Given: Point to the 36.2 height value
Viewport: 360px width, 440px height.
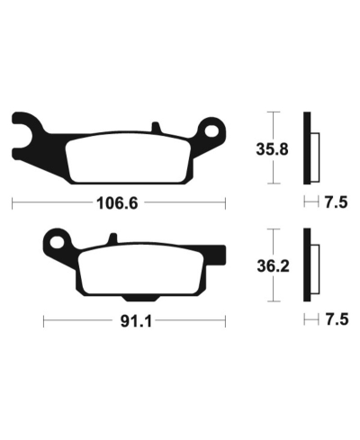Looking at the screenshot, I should (275, 265).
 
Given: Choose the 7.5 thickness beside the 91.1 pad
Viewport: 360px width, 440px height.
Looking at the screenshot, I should (335, 319).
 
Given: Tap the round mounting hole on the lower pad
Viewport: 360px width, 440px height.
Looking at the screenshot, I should (59, 241).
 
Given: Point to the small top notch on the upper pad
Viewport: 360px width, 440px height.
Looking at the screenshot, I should (157, 126).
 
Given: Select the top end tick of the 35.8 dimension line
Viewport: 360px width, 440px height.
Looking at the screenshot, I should (275, 112).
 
